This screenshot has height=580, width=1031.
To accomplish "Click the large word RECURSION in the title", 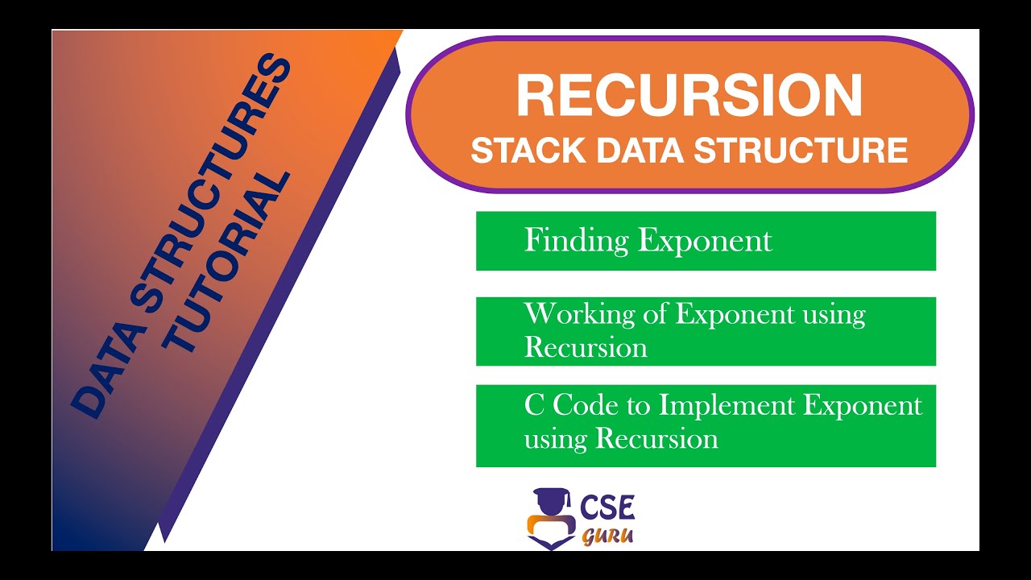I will coord(689,96).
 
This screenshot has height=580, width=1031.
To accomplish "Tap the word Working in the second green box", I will coord(573,314).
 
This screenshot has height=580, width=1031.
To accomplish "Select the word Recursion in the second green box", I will coord(586,348).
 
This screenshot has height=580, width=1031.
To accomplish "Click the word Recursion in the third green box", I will coord(656,439).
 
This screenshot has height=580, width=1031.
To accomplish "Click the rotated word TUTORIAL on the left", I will coord(230,262).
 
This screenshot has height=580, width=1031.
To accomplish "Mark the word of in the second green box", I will coord(653,314).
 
